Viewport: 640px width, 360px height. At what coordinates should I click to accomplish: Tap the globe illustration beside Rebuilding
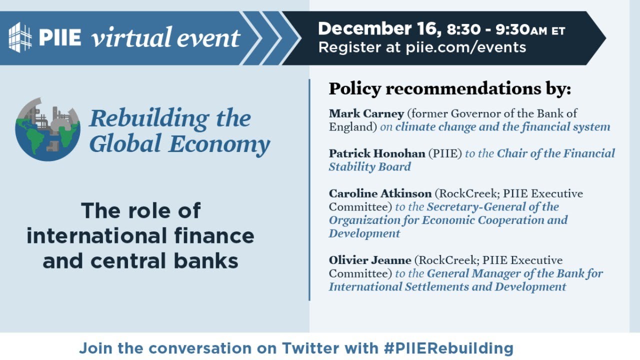(x=47, y=129)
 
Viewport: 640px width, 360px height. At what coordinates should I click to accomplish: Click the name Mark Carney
(x=366, y=113)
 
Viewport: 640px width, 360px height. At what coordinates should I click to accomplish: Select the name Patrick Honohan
(x=376, y=153)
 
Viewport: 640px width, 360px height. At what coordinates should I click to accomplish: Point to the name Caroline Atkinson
(x=380, y=193)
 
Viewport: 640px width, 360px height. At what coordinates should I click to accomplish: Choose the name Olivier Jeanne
(x=370, y=260)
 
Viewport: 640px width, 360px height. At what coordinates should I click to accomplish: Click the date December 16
(x=379, y=29)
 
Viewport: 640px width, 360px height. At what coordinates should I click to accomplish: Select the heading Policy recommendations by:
(x=449, y=88)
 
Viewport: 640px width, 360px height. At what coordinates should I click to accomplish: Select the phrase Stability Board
(x=369, y=166)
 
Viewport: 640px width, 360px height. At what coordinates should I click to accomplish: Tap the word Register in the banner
(x=343, y=47)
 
